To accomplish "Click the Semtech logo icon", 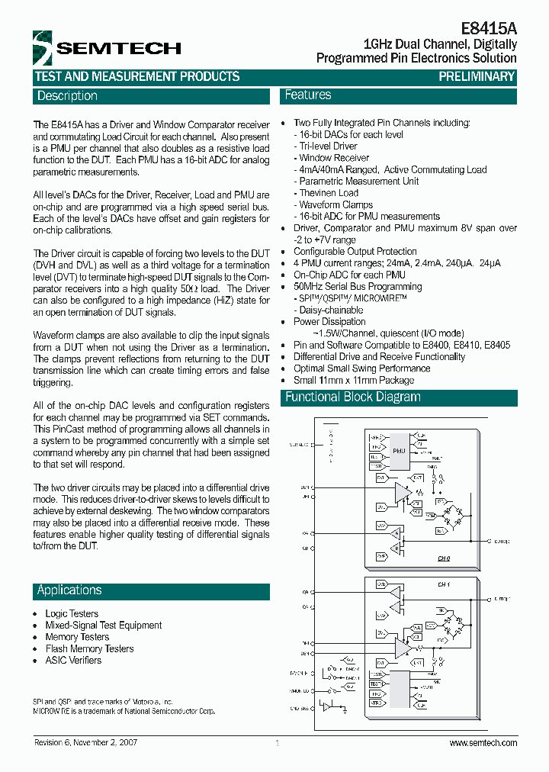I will (x=43, y=48).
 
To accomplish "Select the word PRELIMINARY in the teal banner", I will (x=477, y=76).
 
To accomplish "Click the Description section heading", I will (x=68, y=96).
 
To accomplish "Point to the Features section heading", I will (x=308, y=95).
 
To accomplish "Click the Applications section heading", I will (x=69, y=590).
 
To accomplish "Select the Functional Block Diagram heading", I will (x=352, y=397).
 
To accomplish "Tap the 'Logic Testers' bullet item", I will (x=72, y=613).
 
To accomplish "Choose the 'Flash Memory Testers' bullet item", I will (x=89, y=648).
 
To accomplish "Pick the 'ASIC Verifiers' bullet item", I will (x=73, y=660).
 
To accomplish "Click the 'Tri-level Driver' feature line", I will (x=328, y=146).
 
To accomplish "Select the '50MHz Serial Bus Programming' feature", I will (x=358, y=286).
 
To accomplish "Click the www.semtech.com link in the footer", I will (x=483, y=743).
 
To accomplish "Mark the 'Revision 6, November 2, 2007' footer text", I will (x=86, y=743).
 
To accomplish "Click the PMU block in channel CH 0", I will (x=399, y=451).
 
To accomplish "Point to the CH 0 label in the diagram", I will (x=444, y=558).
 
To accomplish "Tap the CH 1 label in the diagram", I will (x=444, y=584).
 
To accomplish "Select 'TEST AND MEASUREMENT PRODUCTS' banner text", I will (x=137, y=76).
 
